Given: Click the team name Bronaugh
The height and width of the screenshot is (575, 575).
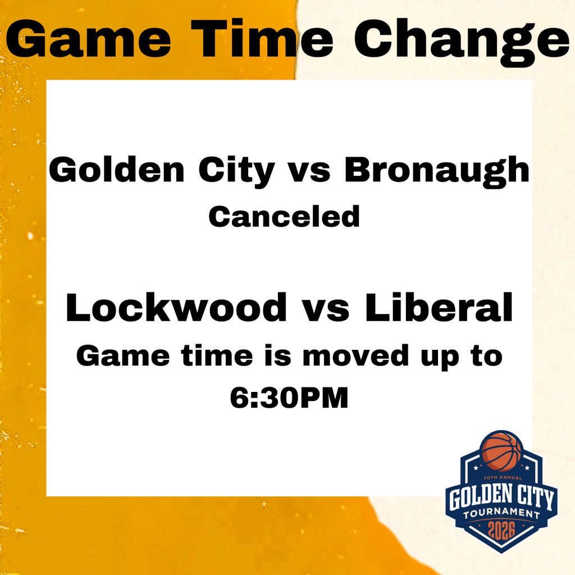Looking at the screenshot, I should [437, 170].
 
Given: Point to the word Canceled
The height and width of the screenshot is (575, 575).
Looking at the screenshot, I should [284, 216].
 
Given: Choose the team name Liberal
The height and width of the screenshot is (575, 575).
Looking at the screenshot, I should [440, 308].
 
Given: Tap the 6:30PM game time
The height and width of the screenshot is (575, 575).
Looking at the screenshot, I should [289, 398].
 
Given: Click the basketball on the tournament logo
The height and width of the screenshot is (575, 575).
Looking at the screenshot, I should [502, 451].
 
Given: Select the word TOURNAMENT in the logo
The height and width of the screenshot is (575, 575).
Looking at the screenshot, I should [502, 513].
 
